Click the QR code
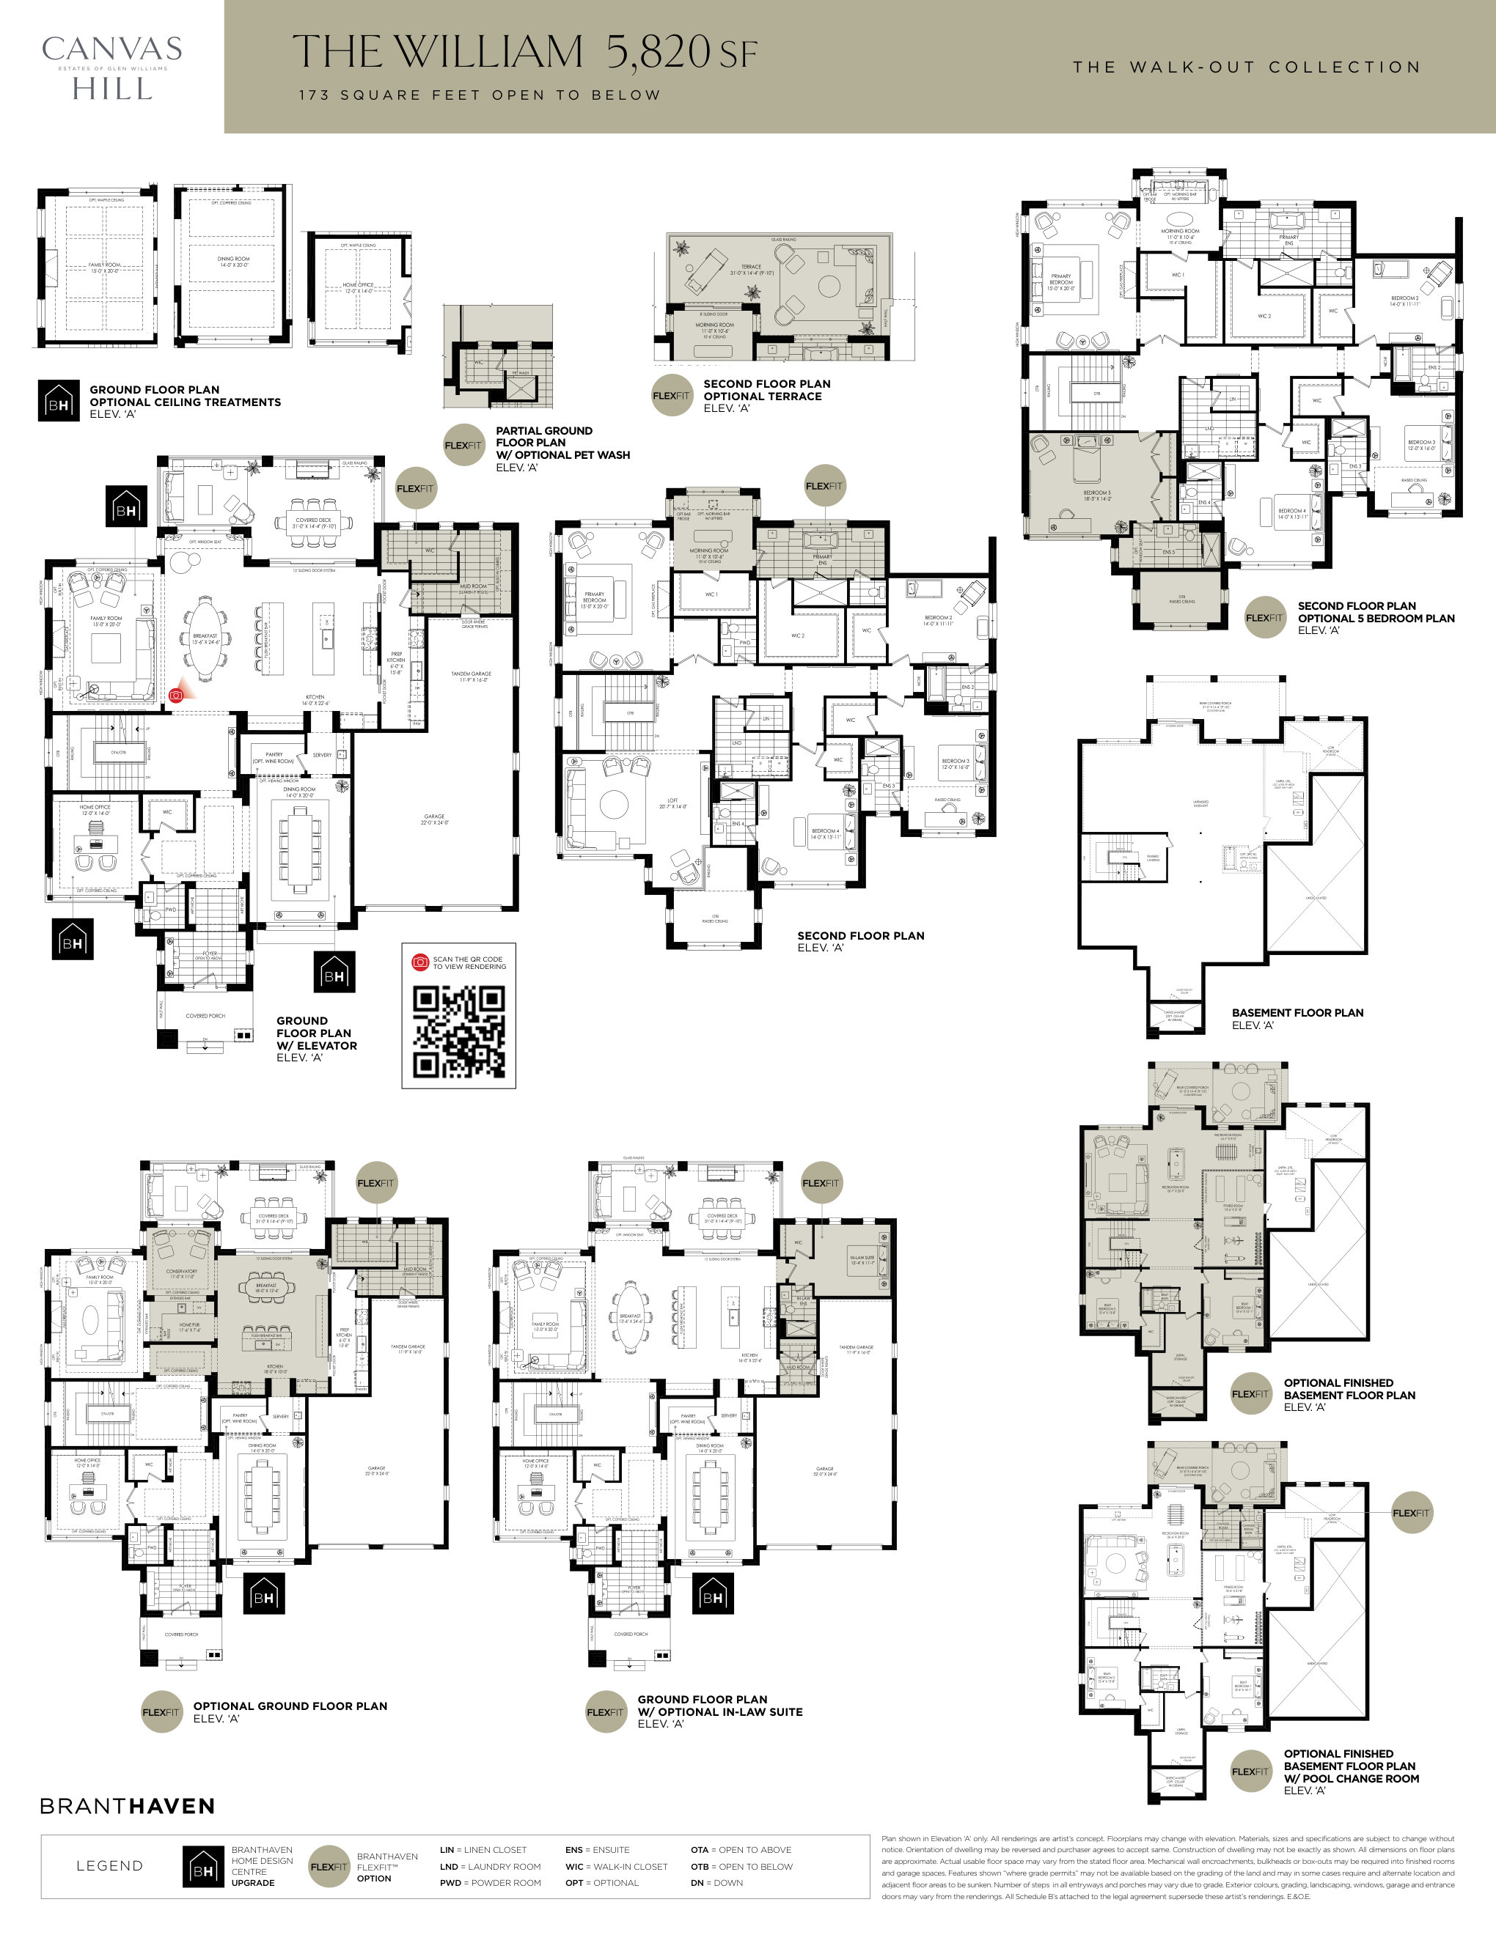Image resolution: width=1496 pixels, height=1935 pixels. [x=459, y=1031]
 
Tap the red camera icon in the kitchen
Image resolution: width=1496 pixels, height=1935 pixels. [x=176, y=696]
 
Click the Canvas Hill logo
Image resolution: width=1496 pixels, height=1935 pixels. [x=111, y=67]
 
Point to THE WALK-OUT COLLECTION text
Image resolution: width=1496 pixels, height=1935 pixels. [x=1246, y=67]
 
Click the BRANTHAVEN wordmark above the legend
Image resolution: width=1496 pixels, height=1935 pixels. [x=128, y=1806]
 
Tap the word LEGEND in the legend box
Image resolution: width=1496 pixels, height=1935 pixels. [x=110, y=1866]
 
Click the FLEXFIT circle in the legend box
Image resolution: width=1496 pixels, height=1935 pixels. [x=329, y=1866]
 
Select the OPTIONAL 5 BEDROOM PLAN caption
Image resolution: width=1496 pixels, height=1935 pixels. [x=1376, y=618]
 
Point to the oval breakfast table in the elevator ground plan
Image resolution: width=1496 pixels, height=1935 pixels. [x=205, y=638]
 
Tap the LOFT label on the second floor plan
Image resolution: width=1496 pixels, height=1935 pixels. [x=672, y=802]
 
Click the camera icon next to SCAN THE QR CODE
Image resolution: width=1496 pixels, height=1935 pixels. [x=421, y=962]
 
